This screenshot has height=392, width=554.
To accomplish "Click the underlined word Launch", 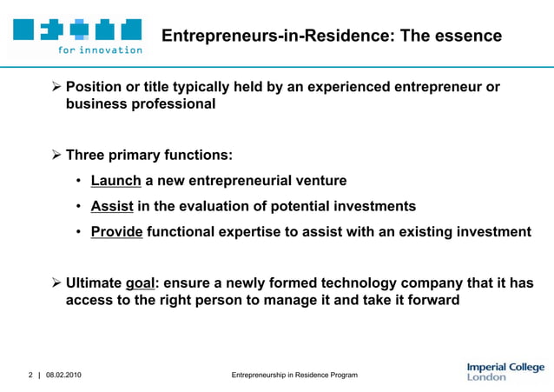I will point(115,181).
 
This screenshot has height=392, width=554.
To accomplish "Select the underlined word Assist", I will point(112,206).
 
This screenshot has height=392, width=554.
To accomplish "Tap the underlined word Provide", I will point(116,232).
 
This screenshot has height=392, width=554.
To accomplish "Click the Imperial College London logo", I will point(505,371).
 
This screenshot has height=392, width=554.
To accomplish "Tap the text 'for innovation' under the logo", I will point(100,50).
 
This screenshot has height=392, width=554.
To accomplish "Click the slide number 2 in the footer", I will point(30,375).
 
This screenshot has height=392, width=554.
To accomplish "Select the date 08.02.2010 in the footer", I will point(64,375).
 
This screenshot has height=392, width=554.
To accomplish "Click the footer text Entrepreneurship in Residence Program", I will point(294,375).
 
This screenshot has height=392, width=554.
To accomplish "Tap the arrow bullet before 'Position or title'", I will point(56,87).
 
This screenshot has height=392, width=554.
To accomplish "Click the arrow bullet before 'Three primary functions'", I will point(56,156).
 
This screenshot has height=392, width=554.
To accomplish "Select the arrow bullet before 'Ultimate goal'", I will point(56,283).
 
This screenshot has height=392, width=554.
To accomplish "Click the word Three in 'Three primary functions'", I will point(89,156).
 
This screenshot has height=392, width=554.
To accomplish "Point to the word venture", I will point(318,181).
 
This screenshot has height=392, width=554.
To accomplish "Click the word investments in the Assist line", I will point(371,206).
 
